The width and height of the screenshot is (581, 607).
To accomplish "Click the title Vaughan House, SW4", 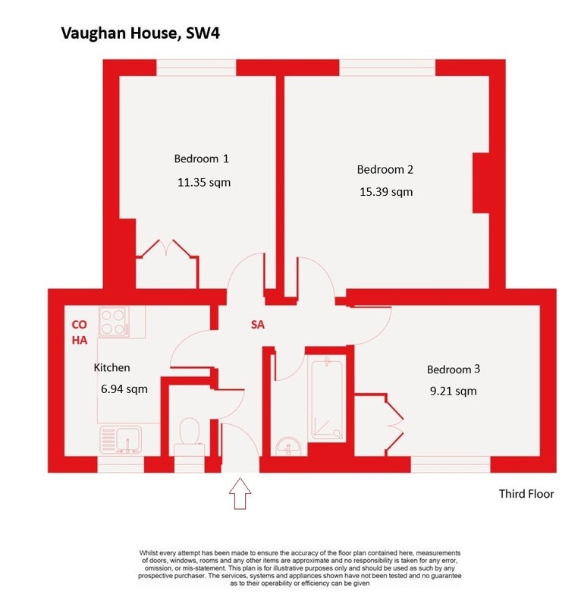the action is pos(140,33).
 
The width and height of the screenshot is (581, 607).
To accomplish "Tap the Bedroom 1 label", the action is pos(201,159).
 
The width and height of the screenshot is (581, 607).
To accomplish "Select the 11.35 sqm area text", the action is pos(204,182).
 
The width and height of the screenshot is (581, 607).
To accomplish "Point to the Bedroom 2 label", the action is pos(385,169).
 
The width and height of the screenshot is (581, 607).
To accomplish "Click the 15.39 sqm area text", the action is pos(386,192).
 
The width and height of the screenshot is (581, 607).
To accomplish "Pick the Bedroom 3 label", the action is pos(454,370).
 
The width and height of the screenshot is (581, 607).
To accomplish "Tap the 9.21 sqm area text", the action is pos(454,391).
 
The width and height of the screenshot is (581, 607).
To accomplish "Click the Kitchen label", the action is pos(111,367).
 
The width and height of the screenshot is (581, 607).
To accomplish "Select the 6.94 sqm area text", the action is pos(124,389).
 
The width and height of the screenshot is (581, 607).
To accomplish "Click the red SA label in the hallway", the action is pos(258,325).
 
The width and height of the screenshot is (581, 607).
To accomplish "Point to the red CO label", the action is pos(80,325).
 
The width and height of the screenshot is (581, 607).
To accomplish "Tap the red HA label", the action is pos(80,340).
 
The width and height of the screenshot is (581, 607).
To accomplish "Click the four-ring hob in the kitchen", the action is pos(114,322).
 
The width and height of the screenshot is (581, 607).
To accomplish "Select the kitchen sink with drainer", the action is pos(121,440).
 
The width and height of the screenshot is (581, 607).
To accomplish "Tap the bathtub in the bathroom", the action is pos(327,399).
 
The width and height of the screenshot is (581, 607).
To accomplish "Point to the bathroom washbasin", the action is pos(287,446).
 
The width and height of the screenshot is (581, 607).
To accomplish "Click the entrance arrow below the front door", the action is pos(240,493).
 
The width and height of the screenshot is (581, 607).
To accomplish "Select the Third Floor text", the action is pos(526,494).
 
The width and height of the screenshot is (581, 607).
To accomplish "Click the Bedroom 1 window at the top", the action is pos(196,68).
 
